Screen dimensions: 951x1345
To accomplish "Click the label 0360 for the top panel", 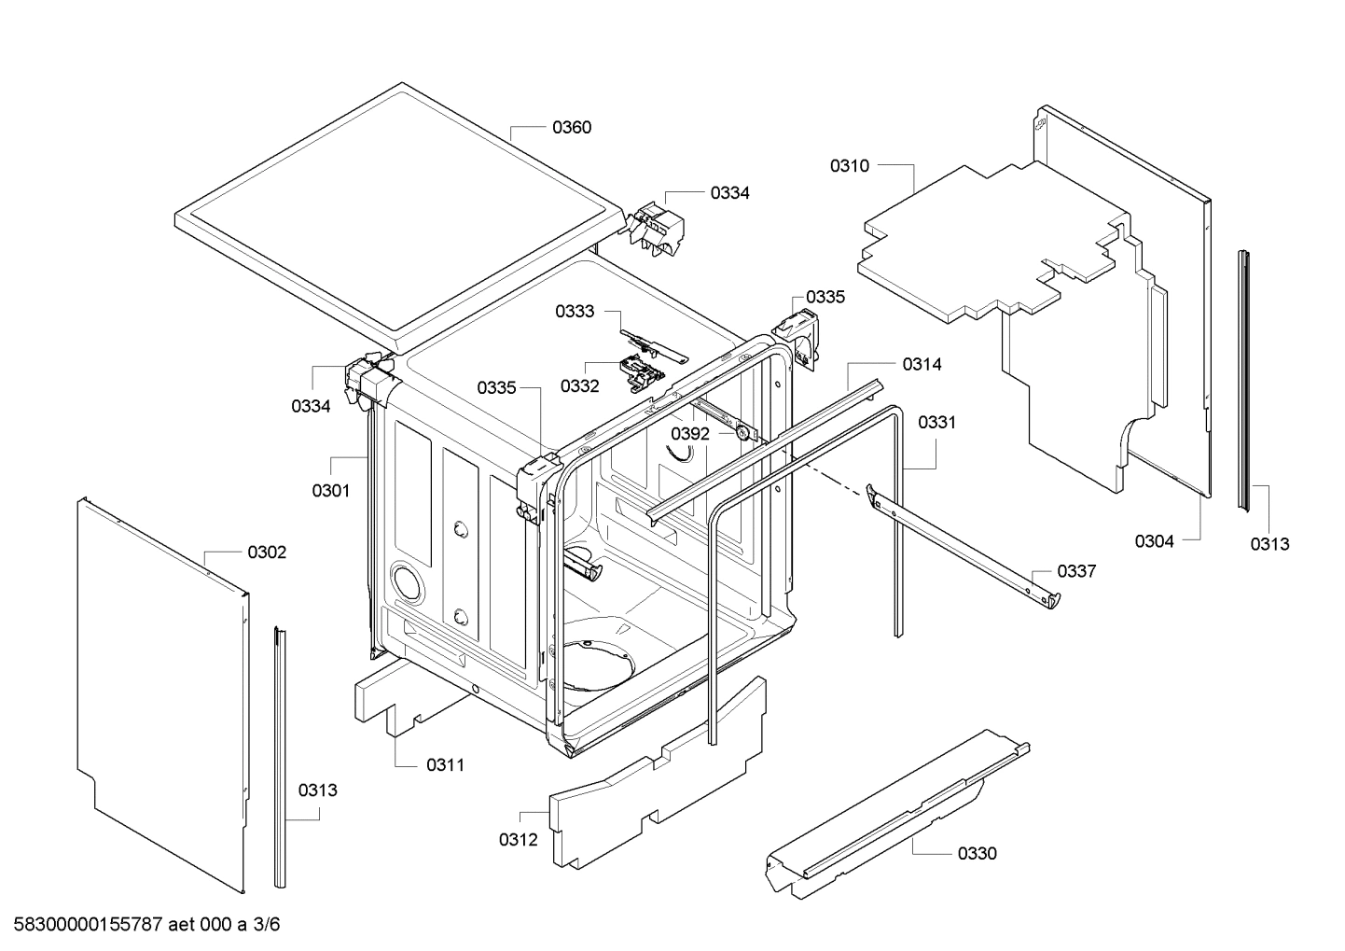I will coord(572,127).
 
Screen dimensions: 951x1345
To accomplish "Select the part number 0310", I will coord(849,166).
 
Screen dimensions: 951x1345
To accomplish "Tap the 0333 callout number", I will coord(575,312).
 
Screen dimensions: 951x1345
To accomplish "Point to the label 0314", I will coord(922,365).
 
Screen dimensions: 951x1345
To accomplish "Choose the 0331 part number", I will coord(936,423).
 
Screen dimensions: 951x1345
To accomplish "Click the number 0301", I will coord(330,490).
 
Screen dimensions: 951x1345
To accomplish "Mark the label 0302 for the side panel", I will coord(267,552).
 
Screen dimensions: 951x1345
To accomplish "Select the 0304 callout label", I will coord(1154,541).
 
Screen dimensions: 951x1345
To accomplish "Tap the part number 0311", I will coord(445,765).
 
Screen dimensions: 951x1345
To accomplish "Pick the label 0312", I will coord(518,840).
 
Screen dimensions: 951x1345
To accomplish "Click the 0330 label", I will coord(977,853).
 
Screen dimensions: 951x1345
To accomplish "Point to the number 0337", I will coord(1076,571).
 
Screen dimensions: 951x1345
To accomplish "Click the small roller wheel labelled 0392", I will coord(742,432).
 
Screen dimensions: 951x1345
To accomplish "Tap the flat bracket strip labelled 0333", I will coord(653,341).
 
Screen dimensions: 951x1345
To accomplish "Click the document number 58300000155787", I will coord(84,925).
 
